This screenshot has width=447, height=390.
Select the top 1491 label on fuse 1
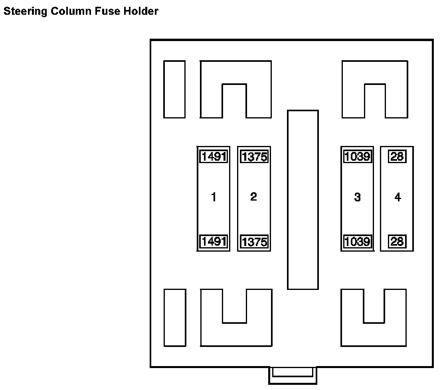214,157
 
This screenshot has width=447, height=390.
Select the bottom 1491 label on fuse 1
214,241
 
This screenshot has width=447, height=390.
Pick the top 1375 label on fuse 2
254,157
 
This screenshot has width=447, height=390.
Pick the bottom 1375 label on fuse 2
254,242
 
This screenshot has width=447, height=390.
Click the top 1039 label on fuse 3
357,157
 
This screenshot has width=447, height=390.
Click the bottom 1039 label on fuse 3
357,241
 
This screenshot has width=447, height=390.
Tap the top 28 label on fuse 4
397,157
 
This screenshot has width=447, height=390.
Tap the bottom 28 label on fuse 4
397,241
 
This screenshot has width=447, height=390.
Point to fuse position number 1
214,197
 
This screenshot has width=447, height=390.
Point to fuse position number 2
254,197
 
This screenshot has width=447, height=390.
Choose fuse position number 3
357,197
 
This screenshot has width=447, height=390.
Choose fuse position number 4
398,197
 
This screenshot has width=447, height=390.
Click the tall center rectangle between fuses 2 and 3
303,199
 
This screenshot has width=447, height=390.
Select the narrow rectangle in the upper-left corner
174,89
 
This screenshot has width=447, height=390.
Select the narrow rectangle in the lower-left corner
175,317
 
